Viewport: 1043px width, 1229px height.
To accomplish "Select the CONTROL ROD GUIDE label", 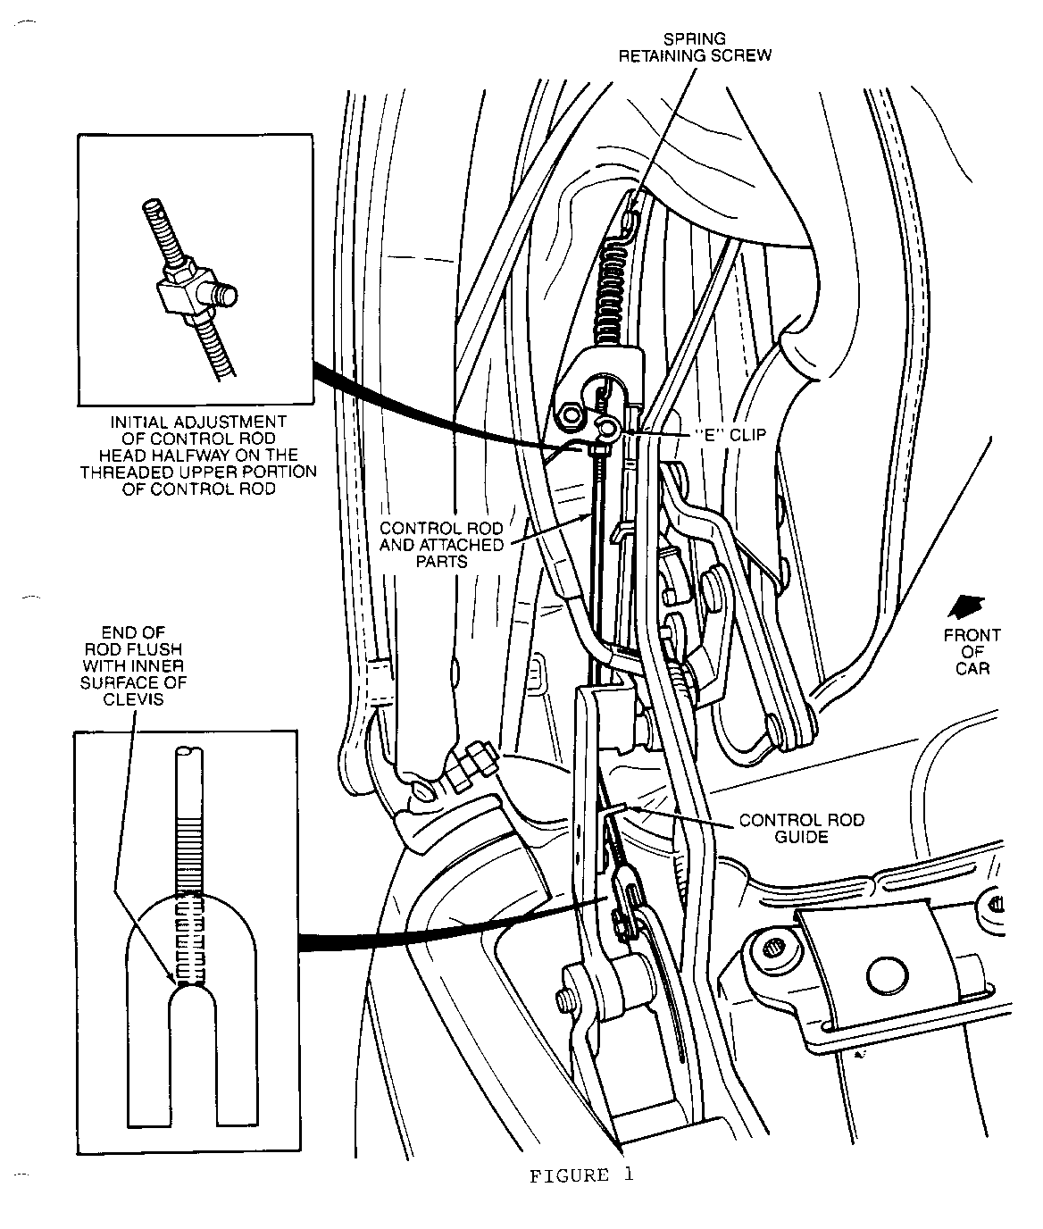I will pyautogui.click(x=802, y=829).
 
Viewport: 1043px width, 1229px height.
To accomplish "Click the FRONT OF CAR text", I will pyautogui.click(x=972, y=651).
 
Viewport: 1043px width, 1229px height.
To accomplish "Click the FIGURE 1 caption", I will pyautogui.click(x=581, y=1175).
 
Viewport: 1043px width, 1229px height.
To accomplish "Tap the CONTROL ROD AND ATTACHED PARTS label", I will pyautogui.click(x=441, y=545).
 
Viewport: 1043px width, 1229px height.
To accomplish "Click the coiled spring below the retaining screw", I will pyautogui.click(x=612, y=286).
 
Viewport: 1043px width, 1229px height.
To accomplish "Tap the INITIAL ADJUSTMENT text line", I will pyautogui.click(x=197, y=422).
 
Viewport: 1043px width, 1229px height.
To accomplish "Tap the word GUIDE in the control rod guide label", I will pyautogui.click(x=802, y=838).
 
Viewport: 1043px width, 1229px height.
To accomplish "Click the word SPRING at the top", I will pyautogui.click(x=695, y=38).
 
